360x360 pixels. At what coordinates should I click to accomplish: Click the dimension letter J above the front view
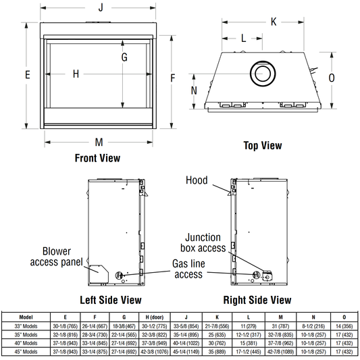101,7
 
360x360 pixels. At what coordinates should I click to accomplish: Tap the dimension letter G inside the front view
124,57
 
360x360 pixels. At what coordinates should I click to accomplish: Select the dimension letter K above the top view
274,22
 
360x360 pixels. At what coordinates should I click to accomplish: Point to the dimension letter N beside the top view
194,91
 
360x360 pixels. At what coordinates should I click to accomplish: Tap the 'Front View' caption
97,158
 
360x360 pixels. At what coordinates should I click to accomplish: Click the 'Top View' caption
263,146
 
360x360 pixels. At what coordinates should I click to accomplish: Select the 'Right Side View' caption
257,300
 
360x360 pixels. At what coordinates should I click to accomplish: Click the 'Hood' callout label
197,180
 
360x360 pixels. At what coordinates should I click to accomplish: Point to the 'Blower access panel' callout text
57,257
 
